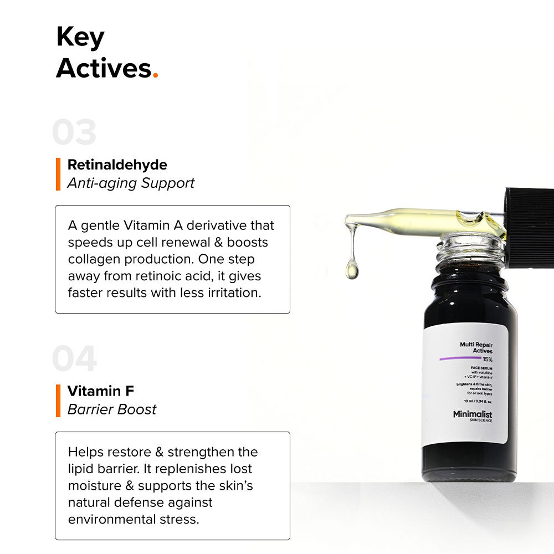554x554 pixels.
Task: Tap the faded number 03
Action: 74,133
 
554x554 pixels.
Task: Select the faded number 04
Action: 74,359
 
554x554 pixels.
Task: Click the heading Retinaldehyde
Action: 117,165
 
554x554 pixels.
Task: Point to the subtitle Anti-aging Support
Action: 131,183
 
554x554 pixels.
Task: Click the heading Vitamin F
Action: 100,391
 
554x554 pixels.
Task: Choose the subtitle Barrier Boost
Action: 112,409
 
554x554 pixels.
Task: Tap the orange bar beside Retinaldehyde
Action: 58,174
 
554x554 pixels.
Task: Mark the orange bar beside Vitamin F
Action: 58,400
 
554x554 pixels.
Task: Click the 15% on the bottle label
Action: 487,359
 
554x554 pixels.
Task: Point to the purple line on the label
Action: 460,359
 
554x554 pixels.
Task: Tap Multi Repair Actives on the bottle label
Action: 476,347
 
